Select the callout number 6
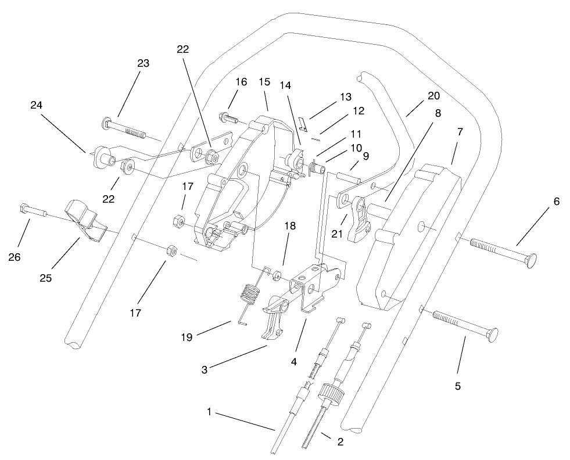click(555, 201)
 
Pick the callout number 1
click(209, 411)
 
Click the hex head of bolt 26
click(25, 207)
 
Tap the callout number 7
click(460, 132)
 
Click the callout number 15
click(264, 82)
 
